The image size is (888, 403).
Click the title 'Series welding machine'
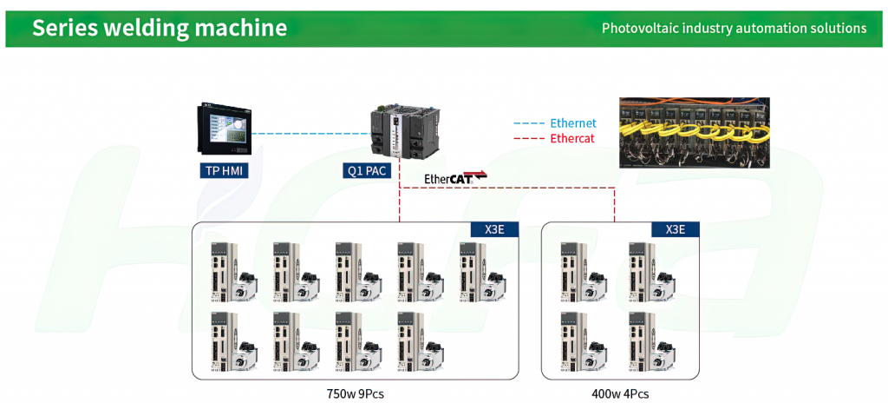tap(160, 28)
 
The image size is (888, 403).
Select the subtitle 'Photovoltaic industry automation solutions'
tap(734, 28)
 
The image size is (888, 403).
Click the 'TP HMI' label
tap(225, 170)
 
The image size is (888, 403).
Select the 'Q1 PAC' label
tap(367, 170)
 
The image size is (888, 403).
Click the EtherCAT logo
tap(455, 178)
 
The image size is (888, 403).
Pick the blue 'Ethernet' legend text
tap(573, 123)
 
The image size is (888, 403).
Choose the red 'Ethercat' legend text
tap(572, 138)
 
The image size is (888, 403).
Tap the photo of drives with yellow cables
tap(695, 133)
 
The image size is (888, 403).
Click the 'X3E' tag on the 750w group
tap(494, 229)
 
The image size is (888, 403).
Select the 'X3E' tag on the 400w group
tap(675, 229)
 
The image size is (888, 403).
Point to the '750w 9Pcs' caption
tap(355, 393)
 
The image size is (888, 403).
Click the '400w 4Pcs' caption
tap(620, 393)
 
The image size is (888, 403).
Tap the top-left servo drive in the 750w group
tap(234, 271)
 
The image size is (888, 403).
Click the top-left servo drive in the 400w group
tap(584, 271)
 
